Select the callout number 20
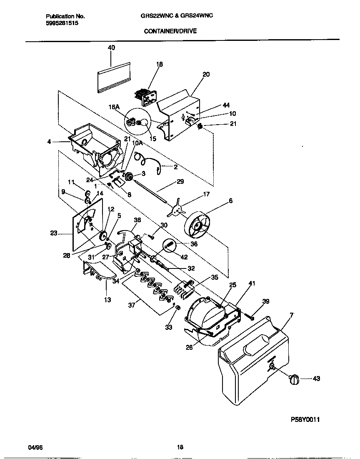tap(206, 75)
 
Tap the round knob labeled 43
tap(294, 379)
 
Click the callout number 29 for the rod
tap(180, 181)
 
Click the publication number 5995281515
tap(62, 23)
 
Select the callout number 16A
tap(114, 107)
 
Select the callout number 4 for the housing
tap(49, 141)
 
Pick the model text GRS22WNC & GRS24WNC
tap(177, 16)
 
